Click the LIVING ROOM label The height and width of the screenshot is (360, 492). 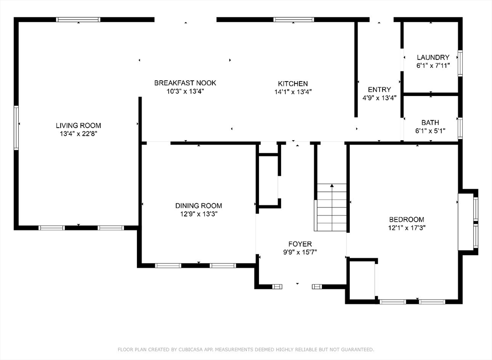(78, 125)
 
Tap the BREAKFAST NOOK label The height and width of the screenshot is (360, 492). (185, 83)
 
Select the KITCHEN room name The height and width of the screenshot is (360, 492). (293, 84)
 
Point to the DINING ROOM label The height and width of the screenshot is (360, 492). (198, 206)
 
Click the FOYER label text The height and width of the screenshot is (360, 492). (300, 244)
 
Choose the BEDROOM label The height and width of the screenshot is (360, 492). (406, 219)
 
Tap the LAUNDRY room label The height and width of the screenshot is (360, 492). (433, 58)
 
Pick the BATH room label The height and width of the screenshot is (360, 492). (430, 122)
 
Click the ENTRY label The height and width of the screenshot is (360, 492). (380, 89)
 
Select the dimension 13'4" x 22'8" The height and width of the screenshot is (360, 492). (78, 134)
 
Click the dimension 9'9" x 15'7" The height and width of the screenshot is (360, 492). (300, 252)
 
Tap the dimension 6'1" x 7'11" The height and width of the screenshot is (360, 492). (433, 66)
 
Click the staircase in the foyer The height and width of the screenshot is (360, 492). (331, 207)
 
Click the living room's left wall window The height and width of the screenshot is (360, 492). (16, 128)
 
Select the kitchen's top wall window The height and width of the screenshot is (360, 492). (294, 20)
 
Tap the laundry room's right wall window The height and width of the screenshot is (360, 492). (460, 63)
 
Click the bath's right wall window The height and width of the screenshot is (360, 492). (460, 128)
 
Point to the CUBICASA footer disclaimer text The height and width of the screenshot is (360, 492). (246, 349)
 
